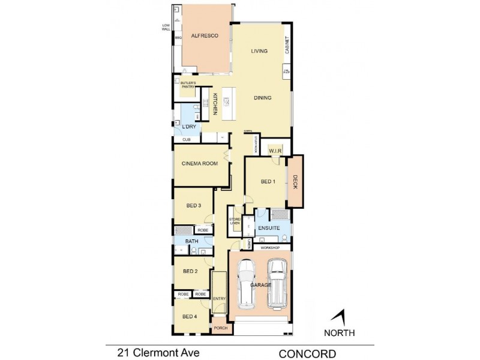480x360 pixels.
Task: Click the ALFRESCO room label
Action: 203,37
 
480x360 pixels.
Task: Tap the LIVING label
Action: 259,52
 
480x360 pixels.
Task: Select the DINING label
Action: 263,98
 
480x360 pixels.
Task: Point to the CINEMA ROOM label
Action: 200,163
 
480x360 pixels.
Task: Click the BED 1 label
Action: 268,182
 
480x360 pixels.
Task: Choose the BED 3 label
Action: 193,206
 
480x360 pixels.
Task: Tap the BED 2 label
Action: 190,271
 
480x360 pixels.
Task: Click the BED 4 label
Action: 190,316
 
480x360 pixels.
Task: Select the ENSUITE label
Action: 266,229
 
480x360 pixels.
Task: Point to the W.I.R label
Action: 276,150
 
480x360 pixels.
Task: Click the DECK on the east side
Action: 295,182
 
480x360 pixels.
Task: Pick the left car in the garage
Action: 248,286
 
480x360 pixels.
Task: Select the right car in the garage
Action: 277,284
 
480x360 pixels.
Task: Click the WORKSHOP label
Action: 267,247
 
